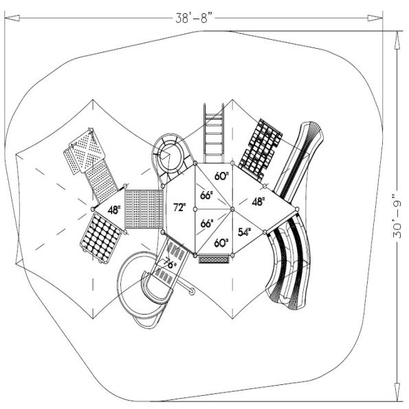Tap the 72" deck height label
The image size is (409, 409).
179,207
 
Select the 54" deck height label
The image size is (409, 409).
244,232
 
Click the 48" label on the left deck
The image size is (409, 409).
113,208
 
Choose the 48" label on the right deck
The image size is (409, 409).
258,202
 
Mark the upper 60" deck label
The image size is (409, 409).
221,176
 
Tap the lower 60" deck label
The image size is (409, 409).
221,243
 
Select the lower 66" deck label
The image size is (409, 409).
206,223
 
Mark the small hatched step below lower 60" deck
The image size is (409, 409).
214,258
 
